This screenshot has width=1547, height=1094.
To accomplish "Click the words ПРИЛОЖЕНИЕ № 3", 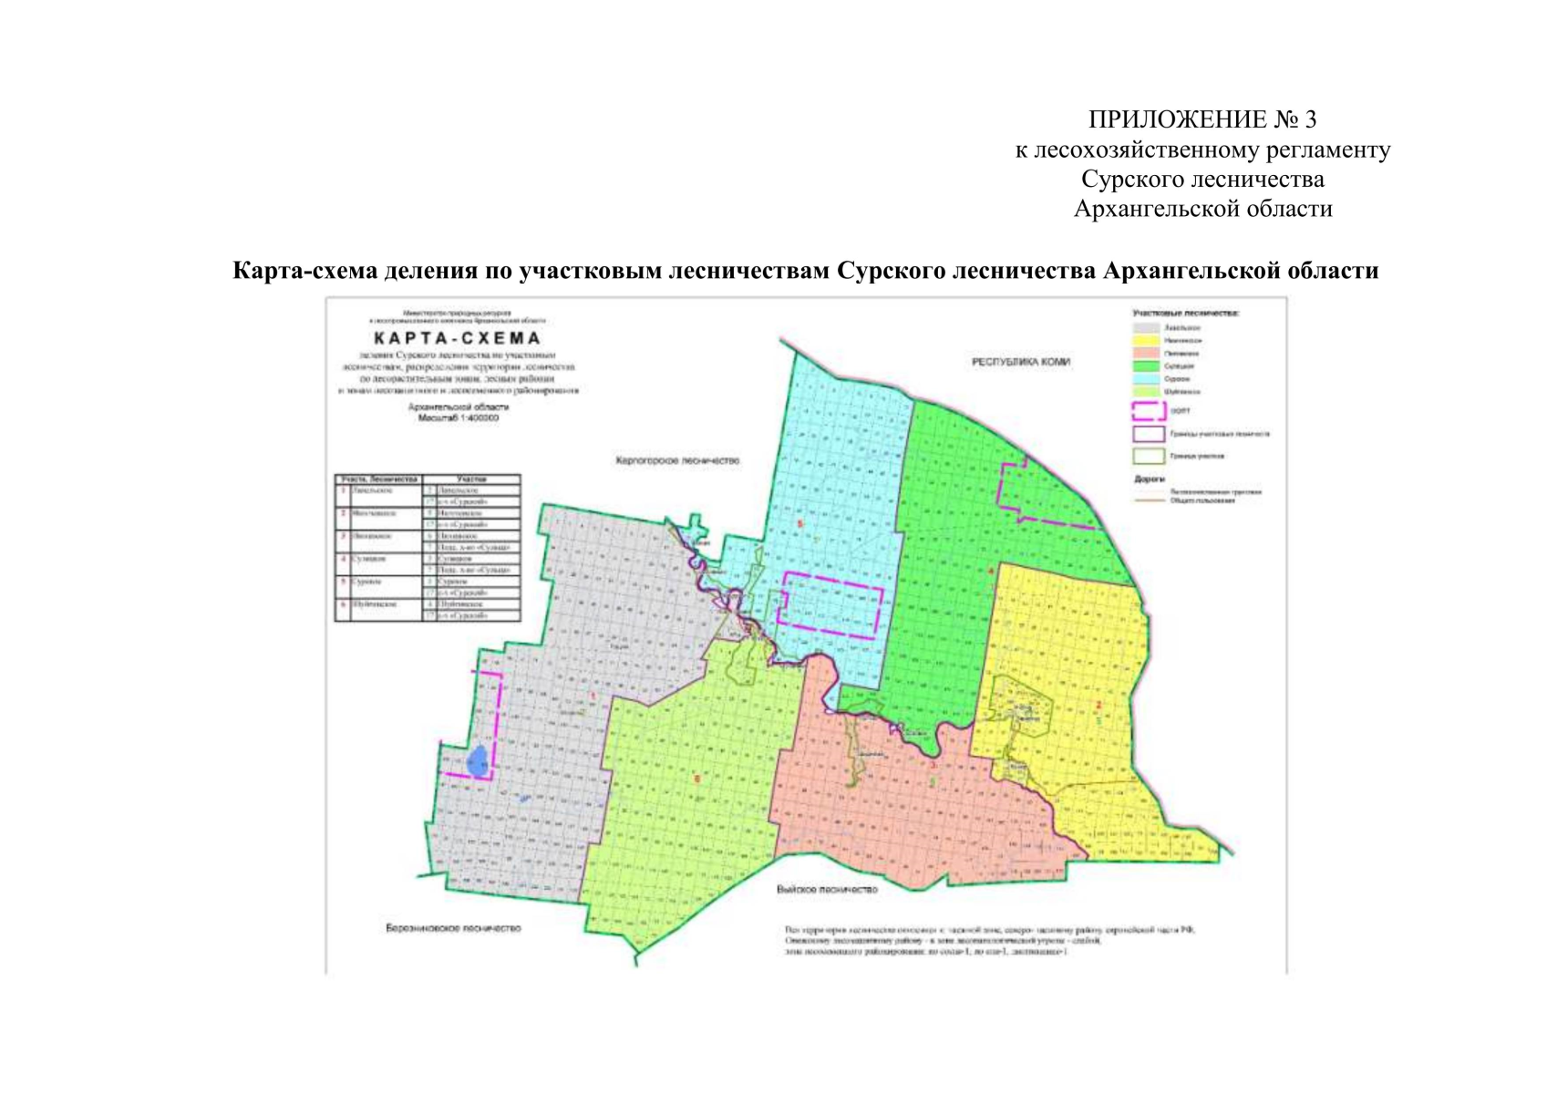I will [1202, 119].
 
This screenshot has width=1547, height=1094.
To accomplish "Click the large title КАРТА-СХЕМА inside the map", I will [457, 339].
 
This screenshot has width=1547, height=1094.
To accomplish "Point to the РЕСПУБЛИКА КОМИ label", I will [1020, 362].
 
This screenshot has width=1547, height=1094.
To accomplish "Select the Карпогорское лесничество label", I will [677, 461].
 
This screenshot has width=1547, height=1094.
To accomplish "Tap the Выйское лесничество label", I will [826, 889].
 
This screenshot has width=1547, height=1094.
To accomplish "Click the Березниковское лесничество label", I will [453, 928].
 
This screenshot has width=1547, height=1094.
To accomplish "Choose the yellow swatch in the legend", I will [1146, 340].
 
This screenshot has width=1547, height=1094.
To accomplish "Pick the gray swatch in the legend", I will [1146, 327].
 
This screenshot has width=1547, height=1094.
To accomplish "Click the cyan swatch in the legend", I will [1146, 378].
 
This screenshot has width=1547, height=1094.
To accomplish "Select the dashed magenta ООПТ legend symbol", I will [1148, 411].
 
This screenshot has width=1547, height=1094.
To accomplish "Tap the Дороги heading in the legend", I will [1150, 479].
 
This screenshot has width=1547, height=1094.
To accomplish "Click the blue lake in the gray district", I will [476, 761].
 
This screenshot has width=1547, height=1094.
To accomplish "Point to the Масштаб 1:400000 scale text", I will [459, 418].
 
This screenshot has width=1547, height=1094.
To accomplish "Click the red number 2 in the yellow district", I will [1098, 705].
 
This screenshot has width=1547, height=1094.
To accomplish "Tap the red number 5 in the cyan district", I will [800, 524].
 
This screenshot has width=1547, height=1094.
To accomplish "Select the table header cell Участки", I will [472, 479].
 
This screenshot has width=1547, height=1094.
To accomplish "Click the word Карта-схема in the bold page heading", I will [305, 271].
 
